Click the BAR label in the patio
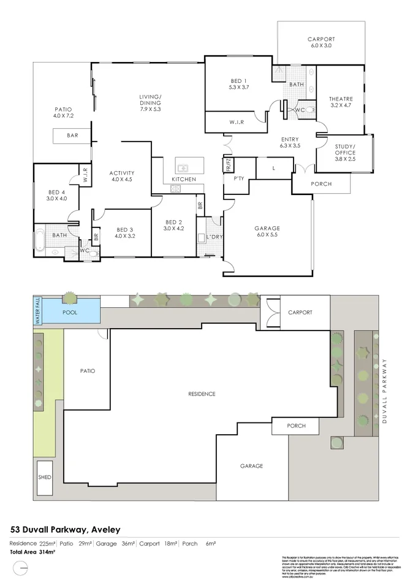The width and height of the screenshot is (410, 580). pos(72,137)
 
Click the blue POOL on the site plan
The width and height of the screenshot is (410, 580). pos(70,311)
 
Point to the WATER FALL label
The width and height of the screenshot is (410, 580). pos(37,310)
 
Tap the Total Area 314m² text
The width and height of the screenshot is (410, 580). pos(32,552)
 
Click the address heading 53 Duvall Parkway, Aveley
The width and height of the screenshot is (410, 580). pos(66,529)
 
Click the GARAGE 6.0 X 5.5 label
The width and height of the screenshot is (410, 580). pos(267,231)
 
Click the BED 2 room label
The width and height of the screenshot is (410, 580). pos(173,225)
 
